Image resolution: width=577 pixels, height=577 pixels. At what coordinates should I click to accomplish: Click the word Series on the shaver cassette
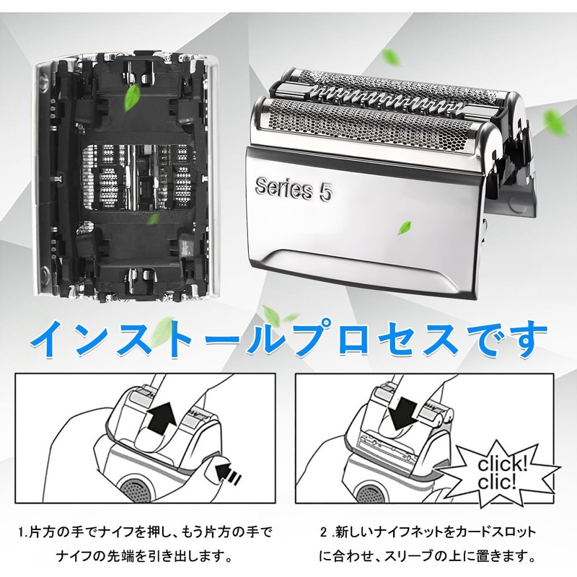click(283, 188)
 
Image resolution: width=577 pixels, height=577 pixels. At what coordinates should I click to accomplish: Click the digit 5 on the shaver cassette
click(326, 192)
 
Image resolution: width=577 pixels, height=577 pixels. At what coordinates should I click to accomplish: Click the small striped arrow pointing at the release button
click(229, 473)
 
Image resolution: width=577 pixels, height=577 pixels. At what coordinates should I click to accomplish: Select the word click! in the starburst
click(502, 464)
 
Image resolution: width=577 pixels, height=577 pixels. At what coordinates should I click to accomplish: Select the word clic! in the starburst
click(497, 482)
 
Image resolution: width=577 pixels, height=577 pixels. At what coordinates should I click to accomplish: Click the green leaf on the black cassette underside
click(132, 97)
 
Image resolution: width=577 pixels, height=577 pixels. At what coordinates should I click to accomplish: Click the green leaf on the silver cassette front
click(404, 228)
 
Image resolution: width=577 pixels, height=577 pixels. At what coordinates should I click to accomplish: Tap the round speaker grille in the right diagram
click(369, 494)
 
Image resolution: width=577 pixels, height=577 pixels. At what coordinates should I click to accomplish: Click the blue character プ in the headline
click(317, 338)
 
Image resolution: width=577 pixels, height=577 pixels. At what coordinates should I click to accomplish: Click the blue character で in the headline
click(485, 338)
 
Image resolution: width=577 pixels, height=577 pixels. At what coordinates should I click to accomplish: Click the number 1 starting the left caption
click(22, 532)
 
